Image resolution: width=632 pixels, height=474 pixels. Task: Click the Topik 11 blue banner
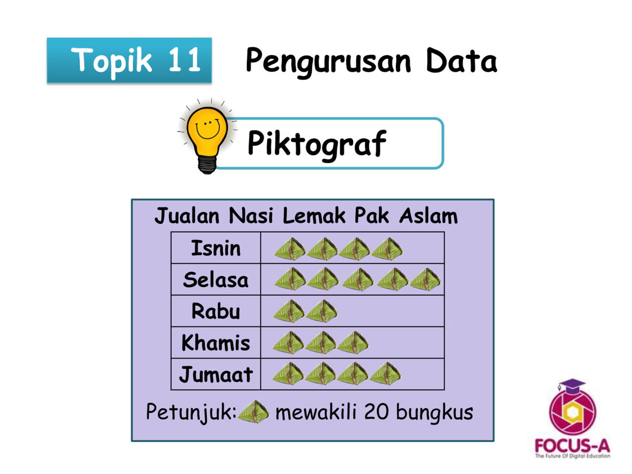point(129,61)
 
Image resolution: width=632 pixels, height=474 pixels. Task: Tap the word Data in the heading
point(461,60)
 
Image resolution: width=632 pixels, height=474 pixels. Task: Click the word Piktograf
point(317,145)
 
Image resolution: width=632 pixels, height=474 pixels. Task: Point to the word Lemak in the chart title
point(314,215)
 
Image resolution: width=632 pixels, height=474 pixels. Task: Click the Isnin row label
point(215,248)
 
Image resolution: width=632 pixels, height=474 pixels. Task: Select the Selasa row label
point(215,280)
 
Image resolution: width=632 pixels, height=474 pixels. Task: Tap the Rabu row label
point(215,311)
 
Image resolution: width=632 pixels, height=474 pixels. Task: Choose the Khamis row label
point(215,343)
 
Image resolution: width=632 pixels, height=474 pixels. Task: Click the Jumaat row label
point(215,374)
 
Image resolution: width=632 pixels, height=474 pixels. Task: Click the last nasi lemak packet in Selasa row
point(425,279)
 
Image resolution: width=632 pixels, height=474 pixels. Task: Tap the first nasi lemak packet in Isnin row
point(290,249)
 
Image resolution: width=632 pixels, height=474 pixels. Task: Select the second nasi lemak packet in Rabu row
point(322,311)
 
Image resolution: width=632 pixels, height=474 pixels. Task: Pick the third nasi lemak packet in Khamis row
point(353,342)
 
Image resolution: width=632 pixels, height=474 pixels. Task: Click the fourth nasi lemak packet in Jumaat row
point(385,373)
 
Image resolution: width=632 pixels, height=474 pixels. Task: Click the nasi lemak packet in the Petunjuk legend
point(254,412)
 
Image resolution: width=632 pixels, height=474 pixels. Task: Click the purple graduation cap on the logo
point(572,386)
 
